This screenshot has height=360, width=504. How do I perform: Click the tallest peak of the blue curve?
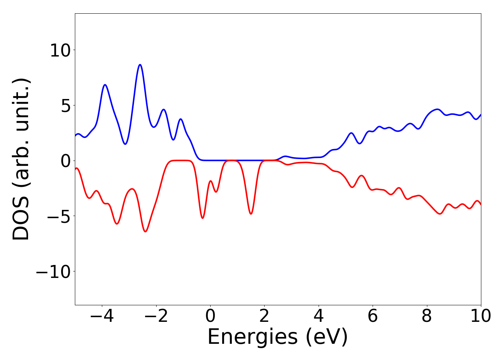click(x=140, y=65)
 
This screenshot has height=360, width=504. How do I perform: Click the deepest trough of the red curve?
click(x=145, y=231)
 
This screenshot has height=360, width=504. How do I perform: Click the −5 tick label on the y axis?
click(x=58, y=216)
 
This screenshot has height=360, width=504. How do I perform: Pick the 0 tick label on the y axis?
click(x=65, y=161)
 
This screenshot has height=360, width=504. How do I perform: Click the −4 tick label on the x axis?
click(x=102, y=316)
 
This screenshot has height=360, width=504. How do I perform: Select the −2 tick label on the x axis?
click(x=156, y=316)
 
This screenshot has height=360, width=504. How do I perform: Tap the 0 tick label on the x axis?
click(x=210, y=316)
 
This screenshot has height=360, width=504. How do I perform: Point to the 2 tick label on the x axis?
click(x=265, y=316)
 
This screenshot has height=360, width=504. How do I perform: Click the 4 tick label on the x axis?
click(x=319, y=316)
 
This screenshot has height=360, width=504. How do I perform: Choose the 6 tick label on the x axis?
click(x=373, y=316)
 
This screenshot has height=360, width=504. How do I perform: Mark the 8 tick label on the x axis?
click(x=427, y=316)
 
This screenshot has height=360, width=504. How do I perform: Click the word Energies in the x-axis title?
click(x=252, y=338)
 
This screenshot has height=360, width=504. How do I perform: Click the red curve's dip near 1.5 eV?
click(x=251, y=214)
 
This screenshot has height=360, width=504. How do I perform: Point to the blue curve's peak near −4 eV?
click(x=105, y=85)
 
